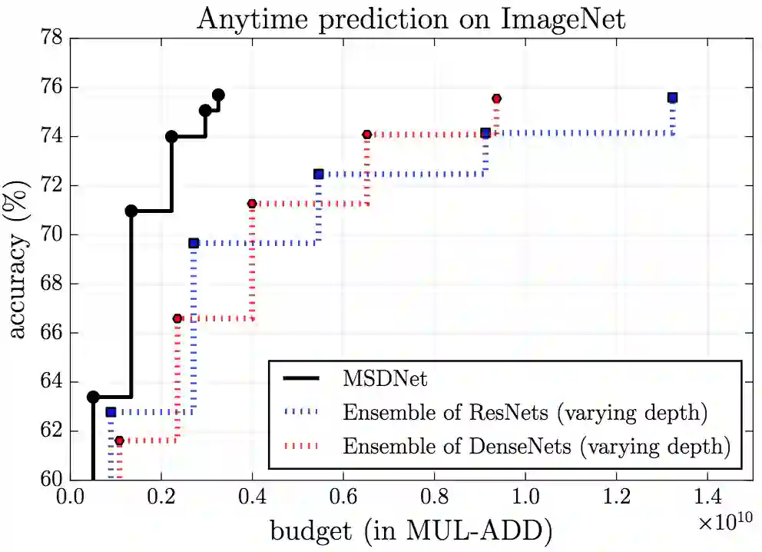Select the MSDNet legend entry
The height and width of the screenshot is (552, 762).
(385, 378)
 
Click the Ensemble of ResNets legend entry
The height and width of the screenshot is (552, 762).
(525, 412)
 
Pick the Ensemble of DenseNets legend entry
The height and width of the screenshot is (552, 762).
(535, 446)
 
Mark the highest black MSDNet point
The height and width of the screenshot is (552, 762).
(218, 95)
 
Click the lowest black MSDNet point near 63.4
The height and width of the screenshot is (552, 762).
(93, 397)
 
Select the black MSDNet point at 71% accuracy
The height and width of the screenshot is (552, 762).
(131, 211)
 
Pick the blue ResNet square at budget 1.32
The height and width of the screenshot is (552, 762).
(672, 98)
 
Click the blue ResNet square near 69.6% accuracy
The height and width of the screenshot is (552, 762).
(194, 243)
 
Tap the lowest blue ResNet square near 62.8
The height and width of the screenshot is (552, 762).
(111, 412)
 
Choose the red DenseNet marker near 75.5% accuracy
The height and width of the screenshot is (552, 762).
(496, 98)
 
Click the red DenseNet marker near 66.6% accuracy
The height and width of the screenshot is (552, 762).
(177, 318)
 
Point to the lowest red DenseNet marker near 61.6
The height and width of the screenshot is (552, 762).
(119, 441)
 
